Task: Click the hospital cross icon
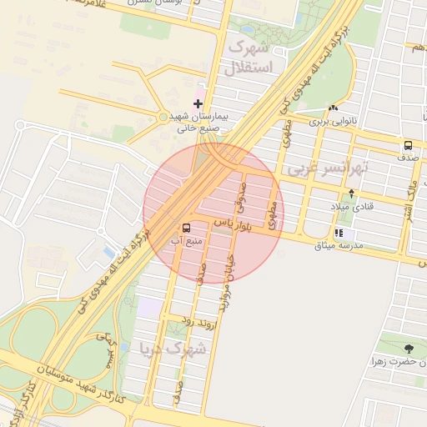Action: (x=198, y=103)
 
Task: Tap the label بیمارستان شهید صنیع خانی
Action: (x=198, y=123)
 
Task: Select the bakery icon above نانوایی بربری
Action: (x=334, y=108)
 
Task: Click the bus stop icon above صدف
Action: (x=408, y=143)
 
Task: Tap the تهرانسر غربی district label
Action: (x=327, y=168)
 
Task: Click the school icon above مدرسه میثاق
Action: (x=339, y=233)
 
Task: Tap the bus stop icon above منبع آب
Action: (x=186, y=227)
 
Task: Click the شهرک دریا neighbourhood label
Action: (x=174, y=349)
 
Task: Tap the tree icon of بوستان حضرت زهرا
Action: (x=408, y=348)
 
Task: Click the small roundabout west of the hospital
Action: (x=163, y=118)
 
